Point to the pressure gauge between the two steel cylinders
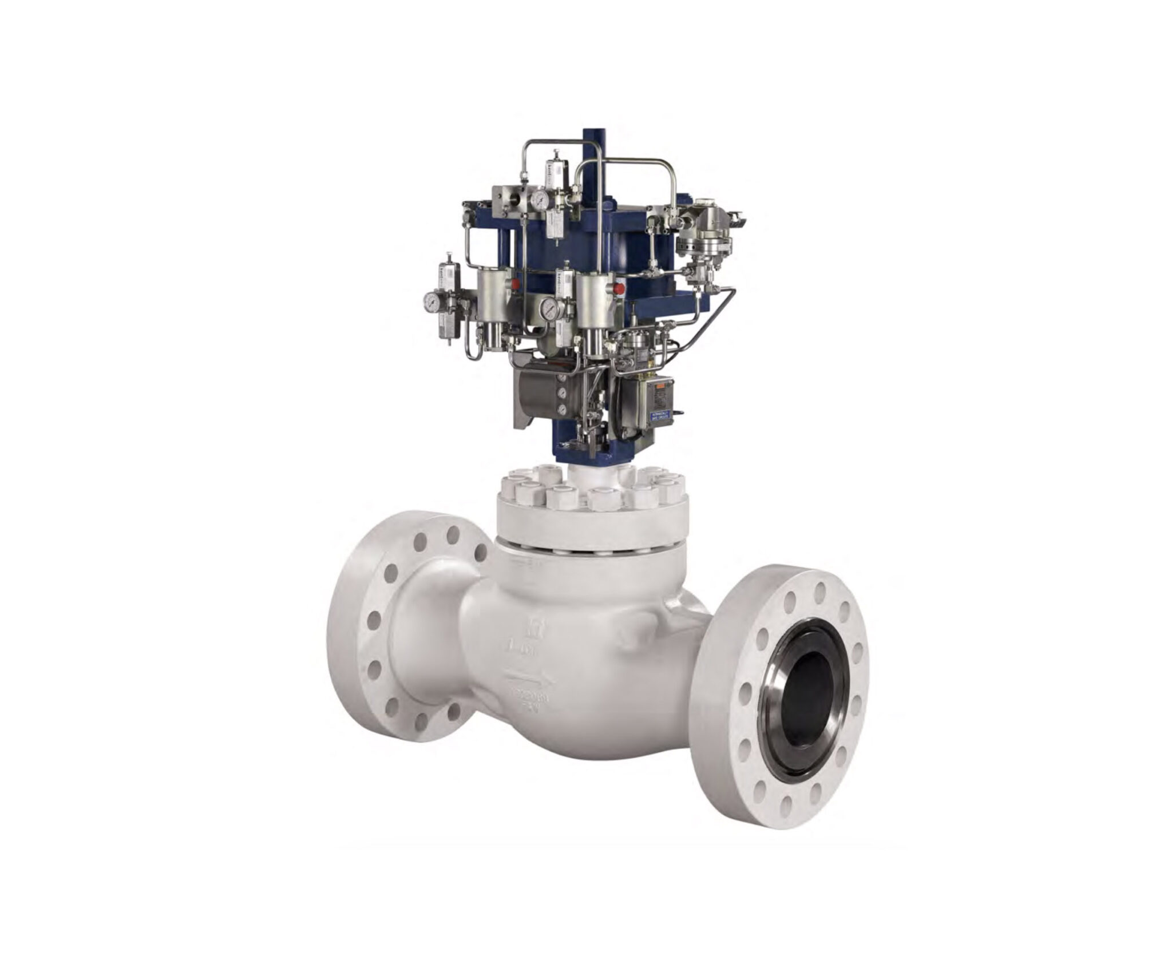click(x=549, y=309)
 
